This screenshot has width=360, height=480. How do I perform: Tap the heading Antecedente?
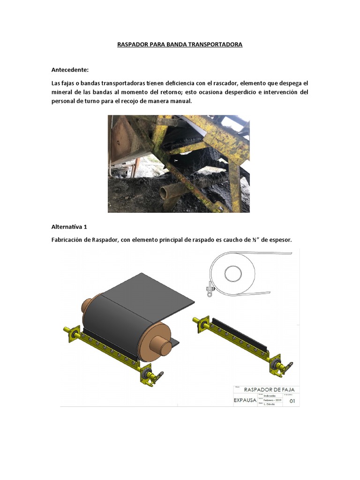tap(70, 70)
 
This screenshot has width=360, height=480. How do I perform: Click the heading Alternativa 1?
tap(69, 227)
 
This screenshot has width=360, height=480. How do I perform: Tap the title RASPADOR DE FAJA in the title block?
tap(265, 389)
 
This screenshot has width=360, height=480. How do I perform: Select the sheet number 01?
tap(292, 401)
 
